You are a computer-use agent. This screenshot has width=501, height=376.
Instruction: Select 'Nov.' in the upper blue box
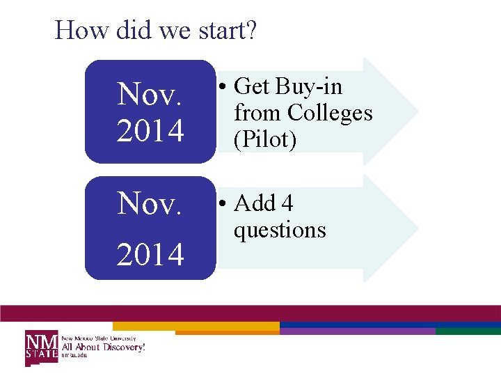pyautogui.click(x=150, y=93)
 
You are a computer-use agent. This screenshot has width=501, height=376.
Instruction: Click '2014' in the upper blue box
pyautogui.click(x=150, y=130)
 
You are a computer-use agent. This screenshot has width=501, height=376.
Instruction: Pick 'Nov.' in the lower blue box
pyautogui.click(x=150, y=203)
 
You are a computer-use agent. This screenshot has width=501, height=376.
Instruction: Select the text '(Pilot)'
pyautogui.click(x=265, y=139)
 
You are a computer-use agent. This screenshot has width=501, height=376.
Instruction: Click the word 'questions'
pyautogui.click(x=280, y=229)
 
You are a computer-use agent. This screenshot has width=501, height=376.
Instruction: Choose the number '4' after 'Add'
pyautogui.click(x=287, y=203)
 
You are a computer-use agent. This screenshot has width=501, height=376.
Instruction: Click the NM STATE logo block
pyautogui.click(x=42, y=347)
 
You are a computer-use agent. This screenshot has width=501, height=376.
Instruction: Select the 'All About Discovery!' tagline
pyautogui.click(x=104, y=347)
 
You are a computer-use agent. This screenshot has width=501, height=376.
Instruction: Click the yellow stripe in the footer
pyautogui.click(x=196, y=325)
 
